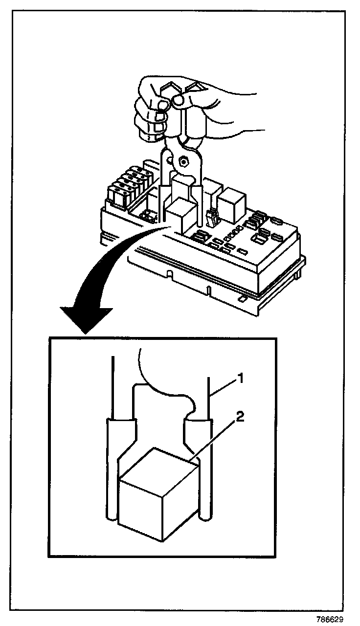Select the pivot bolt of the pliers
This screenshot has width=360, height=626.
pyautogui.click(x=185, y=159)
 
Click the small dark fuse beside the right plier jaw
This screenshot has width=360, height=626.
pyautogui.click(x=212, y=219)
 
